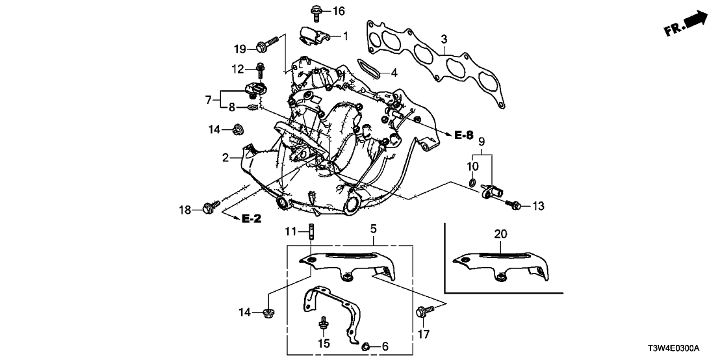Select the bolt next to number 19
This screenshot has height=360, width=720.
click(x=263, y=47)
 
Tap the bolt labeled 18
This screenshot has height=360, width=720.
click(x=210, y=207)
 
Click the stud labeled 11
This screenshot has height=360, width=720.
click(x=312, y=233)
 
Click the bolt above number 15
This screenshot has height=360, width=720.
click(x=322, y=324)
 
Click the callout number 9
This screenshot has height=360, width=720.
click(x=482, y=142)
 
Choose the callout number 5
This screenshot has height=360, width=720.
click(x=374, y=229)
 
